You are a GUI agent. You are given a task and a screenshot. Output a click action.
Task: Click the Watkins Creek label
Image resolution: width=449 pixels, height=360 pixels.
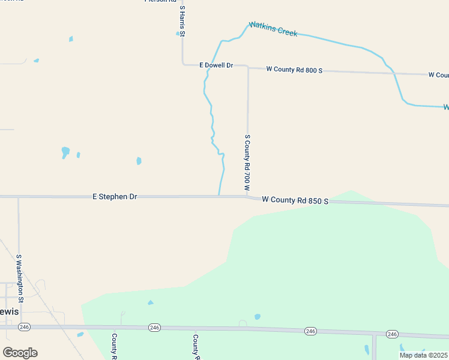pyautogui.click(x=274, y=28)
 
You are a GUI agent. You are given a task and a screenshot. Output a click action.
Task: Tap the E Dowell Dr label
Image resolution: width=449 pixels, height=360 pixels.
pyautogui.click(x=216, y=65)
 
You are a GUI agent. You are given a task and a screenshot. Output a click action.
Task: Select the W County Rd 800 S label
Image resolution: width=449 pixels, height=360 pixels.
pyautogui.click(x=294, y=70)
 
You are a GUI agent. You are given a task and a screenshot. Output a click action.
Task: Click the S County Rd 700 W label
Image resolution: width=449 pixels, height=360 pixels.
pyautogui.click(x=247, y=163)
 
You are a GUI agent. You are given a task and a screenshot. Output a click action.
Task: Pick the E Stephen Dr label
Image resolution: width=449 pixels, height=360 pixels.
pyautogui.click(x=115, y=196)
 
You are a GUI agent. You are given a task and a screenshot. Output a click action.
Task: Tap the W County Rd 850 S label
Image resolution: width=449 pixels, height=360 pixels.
pyautogui.click(x=295, y=200)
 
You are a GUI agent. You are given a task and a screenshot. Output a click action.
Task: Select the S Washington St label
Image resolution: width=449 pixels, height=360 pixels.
pyautogui.click(x=19, y=278)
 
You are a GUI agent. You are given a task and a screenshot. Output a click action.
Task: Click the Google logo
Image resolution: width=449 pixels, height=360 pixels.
pyautogui.click(x=20, y=353)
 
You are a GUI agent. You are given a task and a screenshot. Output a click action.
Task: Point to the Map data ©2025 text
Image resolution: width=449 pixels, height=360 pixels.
pyautogui.click(x=423, y=355)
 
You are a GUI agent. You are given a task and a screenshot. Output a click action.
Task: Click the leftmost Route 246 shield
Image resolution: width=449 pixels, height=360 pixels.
pyautogui.click(x=24, y=327)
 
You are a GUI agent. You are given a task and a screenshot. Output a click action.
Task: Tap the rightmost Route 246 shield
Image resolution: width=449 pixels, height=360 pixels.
pyautogui.click(x=393, y=334)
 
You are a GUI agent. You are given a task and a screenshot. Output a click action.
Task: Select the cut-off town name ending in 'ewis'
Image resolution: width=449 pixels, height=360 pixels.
pyautogui.click(x=10, y=311)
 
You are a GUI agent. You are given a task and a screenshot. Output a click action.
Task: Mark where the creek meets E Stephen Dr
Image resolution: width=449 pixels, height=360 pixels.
pyautogui.click(x=218, y=196)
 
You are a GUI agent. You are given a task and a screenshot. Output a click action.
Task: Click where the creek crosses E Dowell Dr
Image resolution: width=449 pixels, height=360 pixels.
pyautogui.click(x=208, y=64)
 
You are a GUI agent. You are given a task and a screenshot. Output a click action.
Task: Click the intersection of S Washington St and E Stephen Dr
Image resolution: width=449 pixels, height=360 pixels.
pyautogui.click(x=19, y=196)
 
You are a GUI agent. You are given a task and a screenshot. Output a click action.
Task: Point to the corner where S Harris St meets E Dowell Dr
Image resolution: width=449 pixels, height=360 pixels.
pyautogui.click(x=182, y=63)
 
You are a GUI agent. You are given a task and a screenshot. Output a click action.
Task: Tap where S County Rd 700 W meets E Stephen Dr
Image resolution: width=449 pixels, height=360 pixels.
pyautogui.click(x=247, y=196)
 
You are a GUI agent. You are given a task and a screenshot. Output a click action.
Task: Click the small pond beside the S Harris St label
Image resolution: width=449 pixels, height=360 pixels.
pyautogui.click(x=178, y=34)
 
